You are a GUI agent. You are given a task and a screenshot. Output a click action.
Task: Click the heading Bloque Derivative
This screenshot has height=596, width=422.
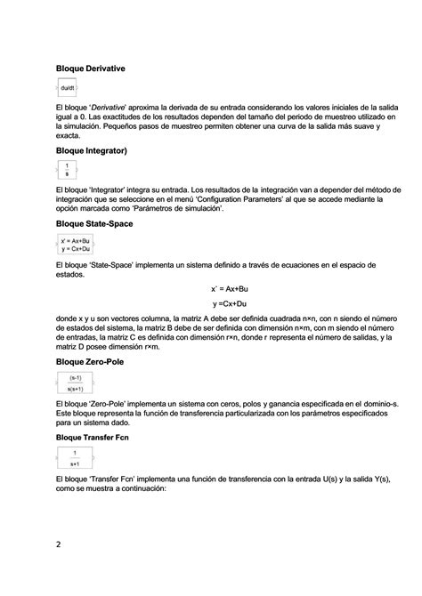tap(89, 68)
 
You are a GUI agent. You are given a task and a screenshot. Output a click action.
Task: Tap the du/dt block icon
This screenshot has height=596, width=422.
tap(68, 87)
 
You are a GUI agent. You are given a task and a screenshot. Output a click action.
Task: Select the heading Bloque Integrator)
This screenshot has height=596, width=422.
tap(92, 151)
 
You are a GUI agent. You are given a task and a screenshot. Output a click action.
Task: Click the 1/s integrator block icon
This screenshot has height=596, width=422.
tap(67, 171)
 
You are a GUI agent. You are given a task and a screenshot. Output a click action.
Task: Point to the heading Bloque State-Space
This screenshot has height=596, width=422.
tap(94, 223)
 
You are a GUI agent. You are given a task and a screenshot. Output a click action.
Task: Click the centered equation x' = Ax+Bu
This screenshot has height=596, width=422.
tap(229, 289)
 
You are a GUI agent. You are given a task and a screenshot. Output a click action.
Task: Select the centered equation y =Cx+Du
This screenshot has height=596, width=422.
tap(230, 305)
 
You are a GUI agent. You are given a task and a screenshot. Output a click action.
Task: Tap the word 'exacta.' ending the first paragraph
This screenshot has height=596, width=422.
tap(69, 137)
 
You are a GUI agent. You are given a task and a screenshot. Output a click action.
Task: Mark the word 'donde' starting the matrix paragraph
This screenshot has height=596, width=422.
tap(67, 318)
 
